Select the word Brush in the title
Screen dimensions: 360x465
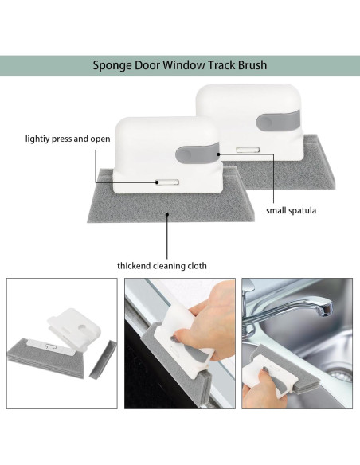tap(252, 65)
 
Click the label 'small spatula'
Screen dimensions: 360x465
tap(291, 210)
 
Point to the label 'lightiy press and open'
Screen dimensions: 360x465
tap(68, 139)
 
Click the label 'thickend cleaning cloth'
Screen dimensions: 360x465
tap(162, 265)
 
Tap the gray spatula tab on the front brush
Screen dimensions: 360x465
tap(198, 154)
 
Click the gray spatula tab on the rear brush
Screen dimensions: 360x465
tap(278, 121)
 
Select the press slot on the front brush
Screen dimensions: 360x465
tap(167, 182)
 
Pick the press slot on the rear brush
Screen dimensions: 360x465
tap(248, 150)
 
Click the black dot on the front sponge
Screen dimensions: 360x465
tap(167, 214)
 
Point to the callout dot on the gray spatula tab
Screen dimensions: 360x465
tap(218, 154)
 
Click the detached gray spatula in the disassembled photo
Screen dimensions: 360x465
tap(104, 360)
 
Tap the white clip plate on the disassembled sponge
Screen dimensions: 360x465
tap(52, 346)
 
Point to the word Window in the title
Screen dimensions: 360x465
tap(184, 65)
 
